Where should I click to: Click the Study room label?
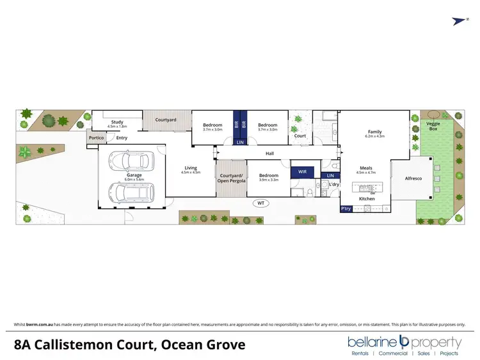click(x=116, y=121)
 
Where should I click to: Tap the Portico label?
click(x=96, y=137)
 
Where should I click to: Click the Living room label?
click(x=191, y=168)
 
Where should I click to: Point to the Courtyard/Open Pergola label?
click(x=231, y=177)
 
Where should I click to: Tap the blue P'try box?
click(x=346, y=208)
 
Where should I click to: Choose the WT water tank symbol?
click(x=260, y=203)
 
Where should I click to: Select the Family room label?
click(x=374, y=131)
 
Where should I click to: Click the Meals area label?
click(x=366, y=169)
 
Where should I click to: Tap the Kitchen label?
click(x=367, y=199)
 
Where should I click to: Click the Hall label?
click(x=270, y=153)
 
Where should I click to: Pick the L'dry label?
click(x=334, y=185)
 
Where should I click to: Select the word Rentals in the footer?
click(x=362, y=354)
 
